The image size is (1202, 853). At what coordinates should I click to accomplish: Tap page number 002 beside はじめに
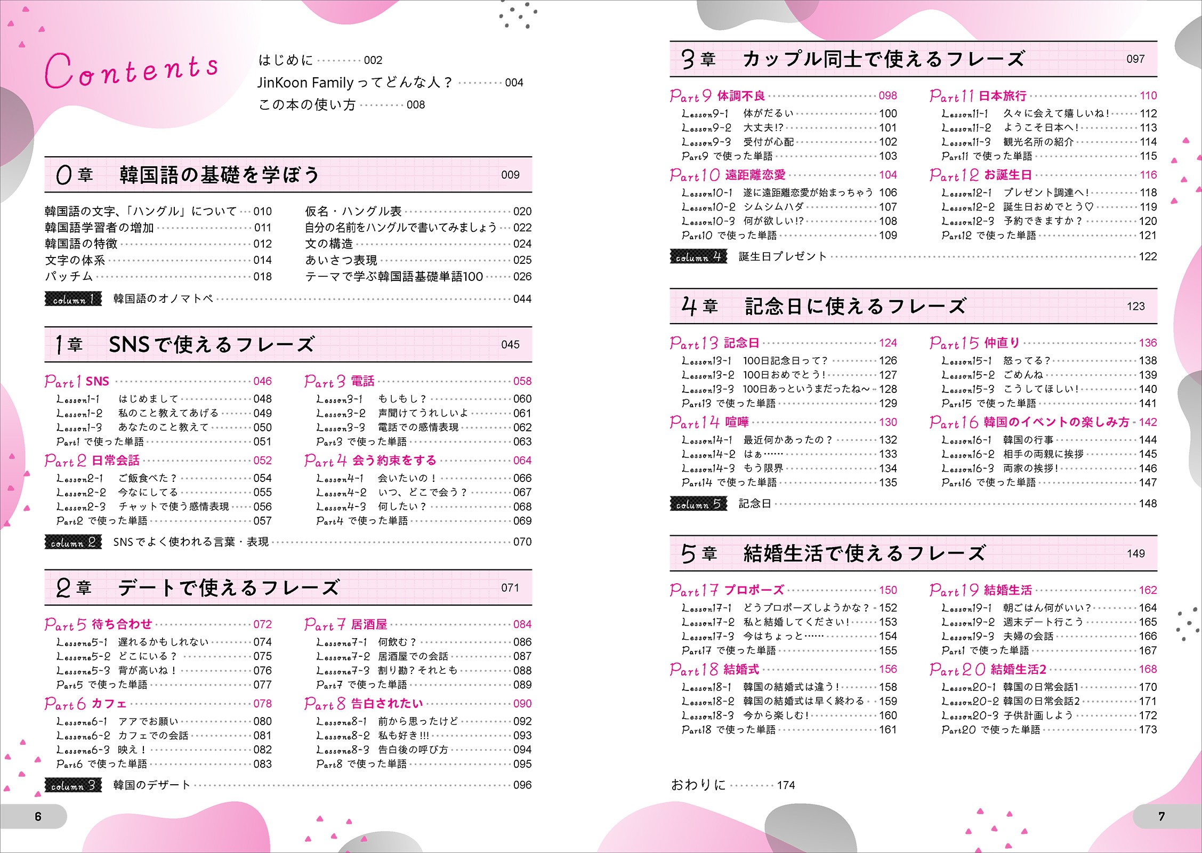pos(373,60)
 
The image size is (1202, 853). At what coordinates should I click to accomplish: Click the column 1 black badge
pos(73,299)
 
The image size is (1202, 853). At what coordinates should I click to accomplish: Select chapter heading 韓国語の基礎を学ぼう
pos(219,175)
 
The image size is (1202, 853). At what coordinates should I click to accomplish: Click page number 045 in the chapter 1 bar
pos(510,345)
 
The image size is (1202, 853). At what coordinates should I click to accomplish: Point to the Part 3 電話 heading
pos(340,381)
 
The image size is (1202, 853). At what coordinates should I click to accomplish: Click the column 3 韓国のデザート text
pos(151,785)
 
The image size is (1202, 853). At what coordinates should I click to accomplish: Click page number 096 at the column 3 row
pos(522,785)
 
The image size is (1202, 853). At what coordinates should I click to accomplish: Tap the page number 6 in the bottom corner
pos(38,816)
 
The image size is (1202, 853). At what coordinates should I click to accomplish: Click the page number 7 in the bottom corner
pos(1161,816)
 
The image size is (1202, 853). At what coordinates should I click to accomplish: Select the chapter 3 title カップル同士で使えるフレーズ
pos(883,59)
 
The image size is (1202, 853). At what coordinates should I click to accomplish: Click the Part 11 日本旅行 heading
pos(978,96)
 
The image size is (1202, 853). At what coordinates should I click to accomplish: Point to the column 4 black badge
pos(698,257)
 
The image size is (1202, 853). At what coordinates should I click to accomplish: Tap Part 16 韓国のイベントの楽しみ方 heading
pos(1029,422)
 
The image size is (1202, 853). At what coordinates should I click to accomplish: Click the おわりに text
pos(698,785)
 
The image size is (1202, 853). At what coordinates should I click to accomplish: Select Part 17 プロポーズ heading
pos(727,590)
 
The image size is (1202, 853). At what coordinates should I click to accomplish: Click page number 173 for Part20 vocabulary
pos(1147,730)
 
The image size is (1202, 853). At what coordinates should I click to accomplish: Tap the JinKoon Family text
pos(305,83)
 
